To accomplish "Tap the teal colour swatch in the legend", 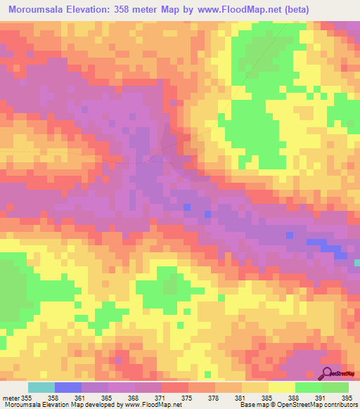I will pos(41,387).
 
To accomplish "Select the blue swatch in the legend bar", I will pos(68,387).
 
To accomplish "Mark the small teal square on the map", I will pos(356,262).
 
